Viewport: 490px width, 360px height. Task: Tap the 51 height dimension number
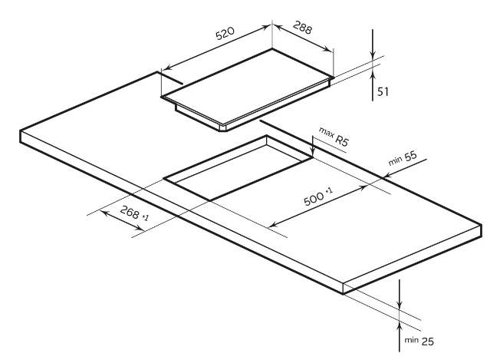pyautogui.click(x=383, y=91)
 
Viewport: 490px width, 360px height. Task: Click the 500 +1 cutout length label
pyautogui.click(x=317, y=199)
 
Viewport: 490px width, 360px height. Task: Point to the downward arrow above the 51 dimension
pyautogui.click(x=373, y=52)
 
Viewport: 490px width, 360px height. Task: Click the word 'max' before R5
pyautogui.click(x=326, y=134)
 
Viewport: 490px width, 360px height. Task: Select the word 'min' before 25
pyautogui.click(x=406, y=339)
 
